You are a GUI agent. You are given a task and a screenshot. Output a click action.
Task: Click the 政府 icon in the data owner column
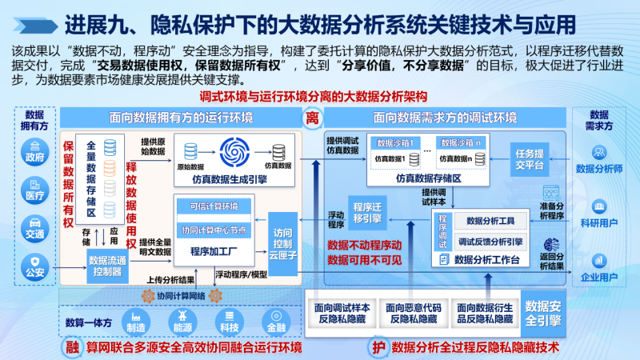click(x=34, y=146)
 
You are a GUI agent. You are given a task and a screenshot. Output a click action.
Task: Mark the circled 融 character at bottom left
click(x=73, y=347)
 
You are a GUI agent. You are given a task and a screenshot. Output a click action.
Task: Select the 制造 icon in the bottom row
click(x=135, y=321)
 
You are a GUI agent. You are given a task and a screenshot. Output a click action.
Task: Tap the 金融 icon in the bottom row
click(x=275, y=321)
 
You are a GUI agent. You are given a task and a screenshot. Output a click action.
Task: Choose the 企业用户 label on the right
click(x=599, y=278)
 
